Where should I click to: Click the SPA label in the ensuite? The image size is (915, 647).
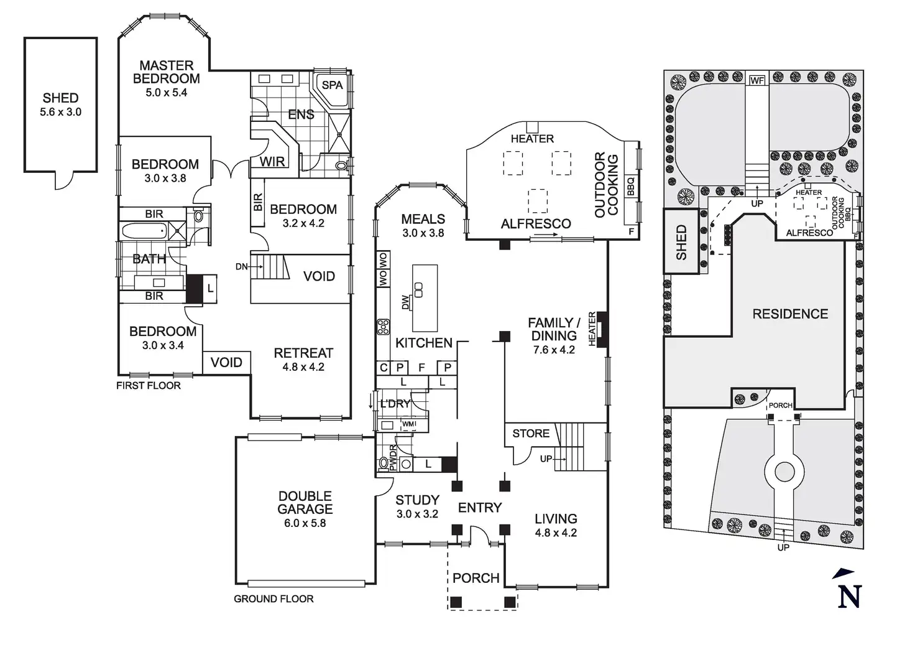tap(333, 85)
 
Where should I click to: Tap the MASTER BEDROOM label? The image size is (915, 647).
tap(166, 72)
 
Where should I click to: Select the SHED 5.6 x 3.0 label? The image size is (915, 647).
tap(60, 105)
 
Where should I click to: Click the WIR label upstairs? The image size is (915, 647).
tap(272, 162)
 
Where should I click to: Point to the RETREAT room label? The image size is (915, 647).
tap(303, 353)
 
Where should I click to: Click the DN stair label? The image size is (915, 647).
tap(242, 267)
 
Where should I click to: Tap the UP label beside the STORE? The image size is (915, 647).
tap(546, 459)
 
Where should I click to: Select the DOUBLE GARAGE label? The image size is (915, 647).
tap(305, 503)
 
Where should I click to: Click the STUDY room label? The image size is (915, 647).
tap(417, 500)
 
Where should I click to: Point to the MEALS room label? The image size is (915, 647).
tap(423, 219)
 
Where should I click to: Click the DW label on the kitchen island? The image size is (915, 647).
tap(406, 302)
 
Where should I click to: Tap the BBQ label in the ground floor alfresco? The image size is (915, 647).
tap(630, 186)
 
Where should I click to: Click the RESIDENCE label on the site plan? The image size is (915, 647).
tap(790, 314)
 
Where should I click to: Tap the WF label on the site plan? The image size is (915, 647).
tap(756, 81)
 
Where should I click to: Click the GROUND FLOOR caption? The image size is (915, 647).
tap(274, 599)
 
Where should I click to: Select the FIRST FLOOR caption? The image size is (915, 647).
tap(149, 386)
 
